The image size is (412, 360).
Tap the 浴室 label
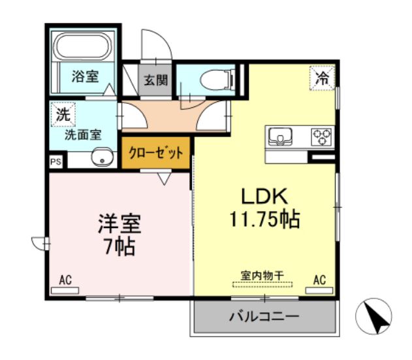click(x=85, y=76)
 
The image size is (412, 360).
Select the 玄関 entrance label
click(x=156, y=80)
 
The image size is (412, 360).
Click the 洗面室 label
click(x=82, y=135)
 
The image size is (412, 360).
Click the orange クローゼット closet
click(x=155, y=153)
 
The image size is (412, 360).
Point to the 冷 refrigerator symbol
click(x=323, y=77)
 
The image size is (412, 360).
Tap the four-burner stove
click(x=321, y=137)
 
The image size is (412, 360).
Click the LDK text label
click(x=264, y=196)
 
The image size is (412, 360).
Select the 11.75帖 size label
click(x=264, y=219)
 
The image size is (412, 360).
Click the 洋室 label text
click(x=119, y=224)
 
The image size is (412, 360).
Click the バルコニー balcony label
click(x=264, y=317)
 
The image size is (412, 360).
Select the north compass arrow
click(x=375, y=319)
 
